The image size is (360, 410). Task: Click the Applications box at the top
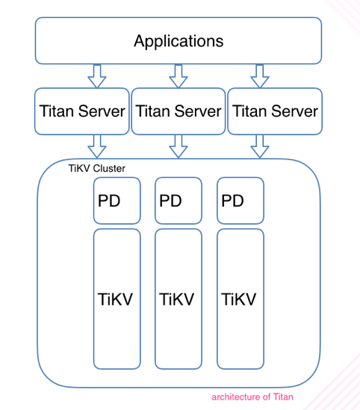click(x=178, y=40)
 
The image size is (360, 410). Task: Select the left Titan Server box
click(x=81, y=111)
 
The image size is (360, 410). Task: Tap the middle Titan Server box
click(x=178, y=111)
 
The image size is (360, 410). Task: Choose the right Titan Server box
click(x=275, y=111)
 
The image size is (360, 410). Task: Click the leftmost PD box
click(x=117, y=201)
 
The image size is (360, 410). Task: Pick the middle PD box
click(x=179, y=201)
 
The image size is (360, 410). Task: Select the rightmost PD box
click(x=240, y=201)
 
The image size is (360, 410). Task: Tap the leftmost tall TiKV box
click(x=117, y=299)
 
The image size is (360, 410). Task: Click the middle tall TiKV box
click(x=179, y=299)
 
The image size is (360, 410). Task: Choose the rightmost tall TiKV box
click(x=240, y=299)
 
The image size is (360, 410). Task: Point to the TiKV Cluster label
click(x=96, y=169)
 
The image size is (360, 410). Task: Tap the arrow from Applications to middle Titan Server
click(x=178, y=75)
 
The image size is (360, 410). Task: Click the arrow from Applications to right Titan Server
click(x=258, y=75)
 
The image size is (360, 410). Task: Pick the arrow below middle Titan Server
click(x=178, y=146)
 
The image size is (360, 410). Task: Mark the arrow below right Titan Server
click(x=258, y=146)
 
